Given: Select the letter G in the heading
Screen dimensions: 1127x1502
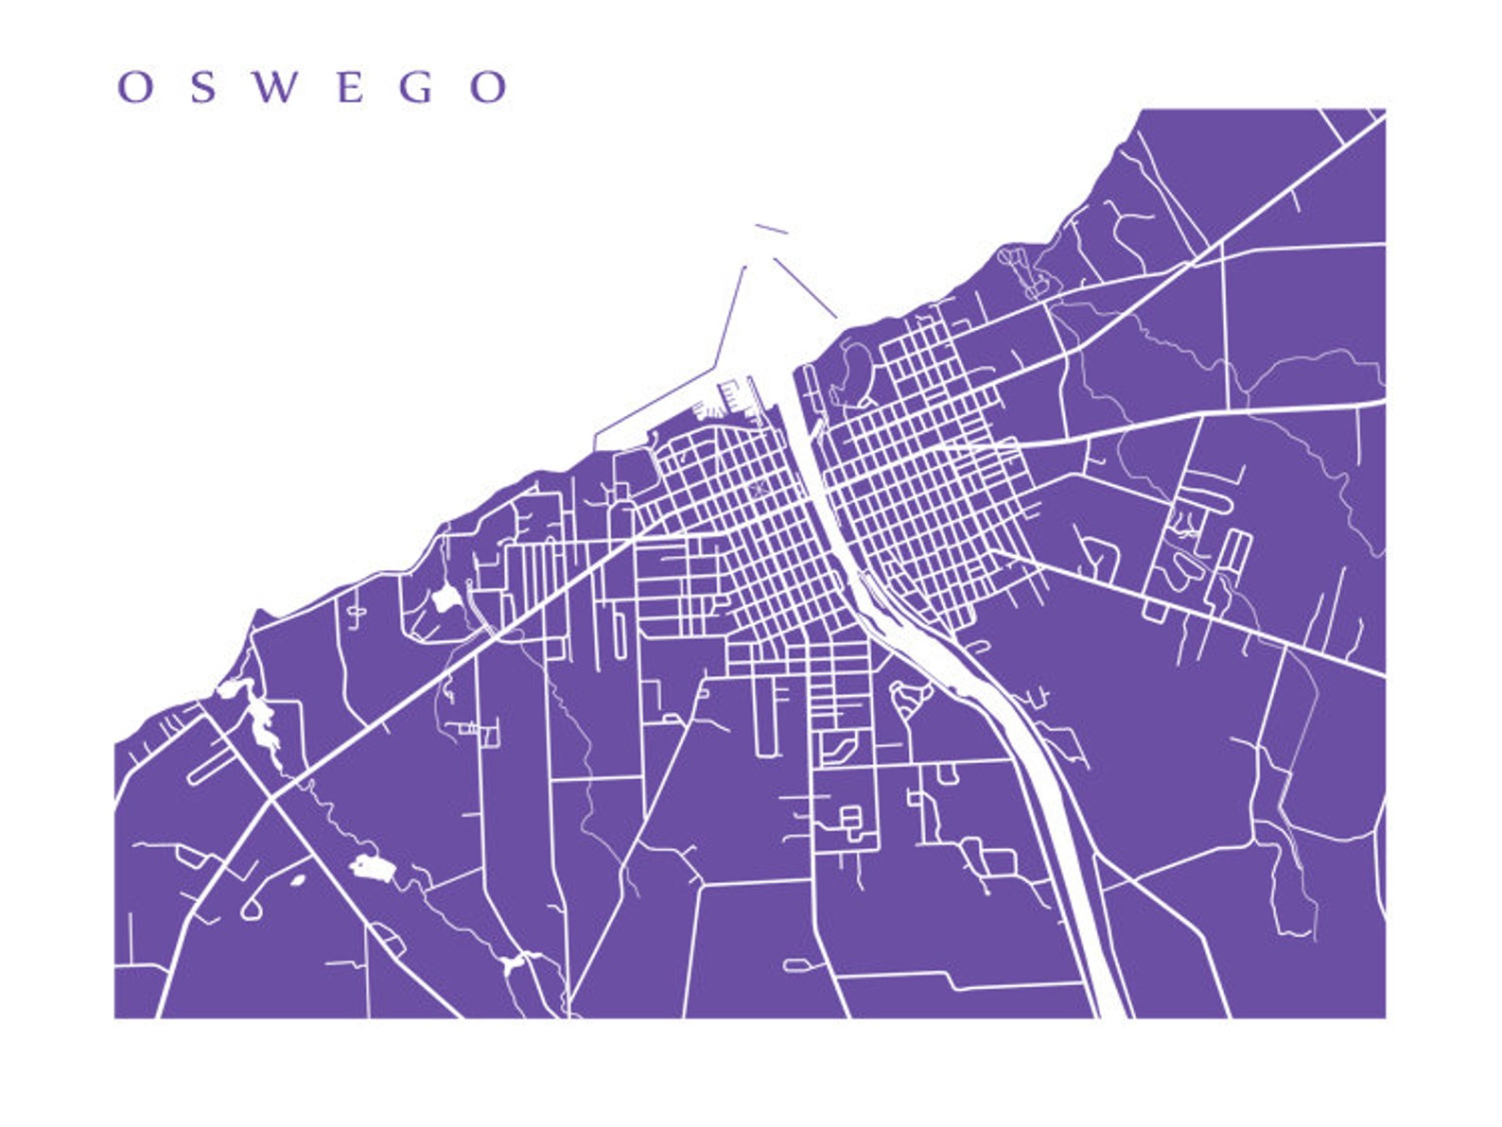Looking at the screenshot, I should point(416,87).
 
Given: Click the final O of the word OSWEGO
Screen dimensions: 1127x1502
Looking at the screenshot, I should point(489,87).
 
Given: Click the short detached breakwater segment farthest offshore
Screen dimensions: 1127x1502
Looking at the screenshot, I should point(771,229).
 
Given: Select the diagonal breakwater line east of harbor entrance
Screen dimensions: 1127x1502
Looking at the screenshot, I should point(805,287).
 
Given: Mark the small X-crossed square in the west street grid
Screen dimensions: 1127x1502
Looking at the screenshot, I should point(758,489).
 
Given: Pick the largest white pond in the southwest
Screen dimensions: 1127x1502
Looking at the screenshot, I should point(372,868).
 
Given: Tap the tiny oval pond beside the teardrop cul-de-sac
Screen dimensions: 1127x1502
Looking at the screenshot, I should point(297,880).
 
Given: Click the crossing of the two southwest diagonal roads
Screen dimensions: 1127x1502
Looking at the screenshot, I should point(272,800).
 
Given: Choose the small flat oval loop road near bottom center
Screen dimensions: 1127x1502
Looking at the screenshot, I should point(796,965).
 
